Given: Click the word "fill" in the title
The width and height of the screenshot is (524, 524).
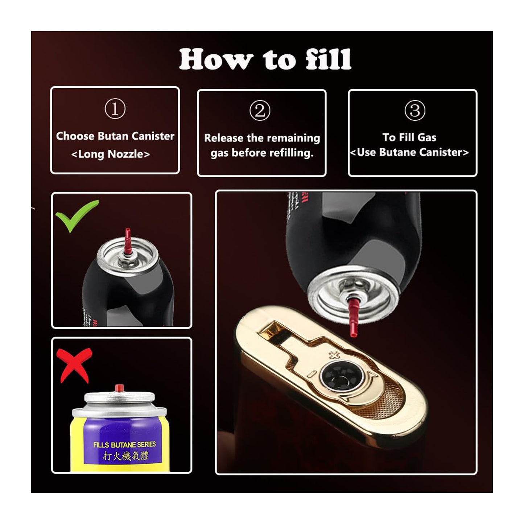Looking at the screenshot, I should coord(328,59).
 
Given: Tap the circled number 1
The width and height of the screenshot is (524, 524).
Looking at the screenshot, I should coord(115,109).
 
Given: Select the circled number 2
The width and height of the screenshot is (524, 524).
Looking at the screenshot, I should coord(260,111).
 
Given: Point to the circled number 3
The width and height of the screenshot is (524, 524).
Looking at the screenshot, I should coord(414,111).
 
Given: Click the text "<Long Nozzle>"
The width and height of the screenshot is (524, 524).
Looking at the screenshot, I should coord(111,154).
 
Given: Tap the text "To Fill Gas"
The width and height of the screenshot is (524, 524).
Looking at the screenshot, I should coord(409,137).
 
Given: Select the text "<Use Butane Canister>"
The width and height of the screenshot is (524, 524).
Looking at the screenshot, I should coord(409,152).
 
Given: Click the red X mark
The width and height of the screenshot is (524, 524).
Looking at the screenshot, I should coord(75,364).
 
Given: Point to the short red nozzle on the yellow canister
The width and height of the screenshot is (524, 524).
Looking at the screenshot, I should coord(117,388).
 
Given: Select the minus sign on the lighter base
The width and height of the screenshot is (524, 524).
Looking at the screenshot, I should coord(310,374).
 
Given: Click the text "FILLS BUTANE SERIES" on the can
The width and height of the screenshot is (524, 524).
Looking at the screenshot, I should coord(124,444).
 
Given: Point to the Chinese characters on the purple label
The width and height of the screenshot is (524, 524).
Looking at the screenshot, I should coord(125,456).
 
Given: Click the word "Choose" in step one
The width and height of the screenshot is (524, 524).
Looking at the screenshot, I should coord(75,136).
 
